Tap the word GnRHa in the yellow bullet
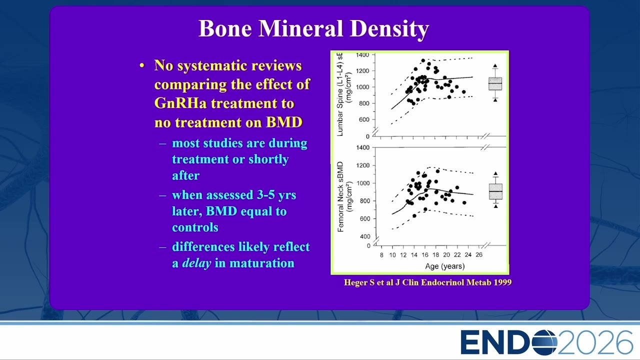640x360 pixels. (x=180, y=103)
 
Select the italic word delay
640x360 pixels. (x=196, y=263)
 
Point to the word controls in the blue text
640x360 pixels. (x=195, y=227)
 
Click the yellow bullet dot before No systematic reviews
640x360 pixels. (x=142, y=65)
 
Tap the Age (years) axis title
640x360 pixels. (x=445, y=266)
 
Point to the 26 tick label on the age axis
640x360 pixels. (x=479, y=254)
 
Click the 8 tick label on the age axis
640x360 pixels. (x=381, y=255)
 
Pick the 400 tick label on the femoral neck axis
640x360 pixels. (x=365, y=236)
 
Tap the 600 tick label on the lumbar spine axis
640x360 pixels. (x=364, y=119)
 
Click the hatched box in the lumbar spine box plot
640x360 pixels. (x=495, y=83)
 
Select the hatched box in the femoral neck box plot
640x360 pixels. (x=495, y=191)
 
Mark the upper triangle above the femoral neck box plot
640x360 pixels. (x=495, y=173)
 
